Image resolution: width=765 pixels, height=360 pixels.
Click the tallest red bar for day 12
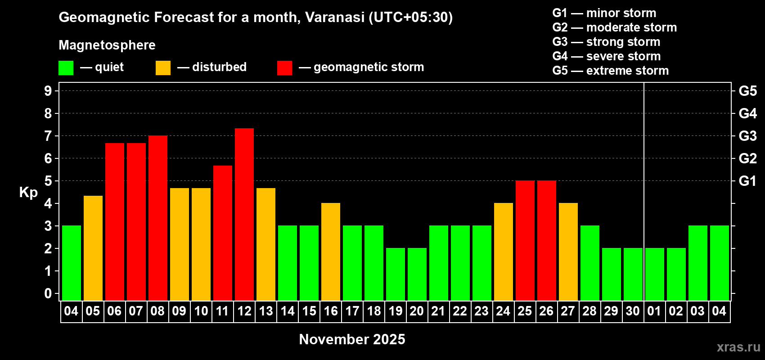coord(244,214)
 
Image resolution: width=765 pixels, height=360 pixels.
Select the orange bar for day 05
coord(93,248)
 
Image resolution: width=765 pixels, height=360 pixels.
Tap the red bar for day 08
coord(158,218)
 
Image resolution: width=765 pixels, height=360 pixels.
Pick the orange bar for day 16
coord(331,252)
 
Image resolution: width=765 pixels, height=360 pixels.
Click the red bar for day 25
coord(525,240)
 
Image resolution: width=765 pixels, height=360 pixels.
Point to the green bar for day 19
coord(396,274)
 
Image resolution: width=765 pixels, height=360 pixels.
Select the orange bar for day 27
coord(568,252)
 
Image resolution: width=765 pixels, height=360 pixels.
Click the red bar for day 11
coord(223,233)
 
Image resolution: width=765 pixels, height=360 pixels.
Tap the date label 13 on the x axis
coord(266,311)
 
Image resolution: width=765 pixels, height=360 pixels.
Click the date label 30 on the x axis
coord(633,311)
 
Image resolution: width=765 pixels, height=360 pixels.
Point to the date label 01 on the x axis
coord(654,311)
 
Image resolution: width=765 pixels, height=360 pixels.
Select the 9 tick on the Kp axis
coord(48,91)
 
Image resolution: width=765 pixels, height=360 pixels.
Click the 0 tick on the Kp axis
coord(48,293)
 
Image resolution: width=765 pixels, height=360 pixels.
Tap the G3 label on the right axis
coord(748,136)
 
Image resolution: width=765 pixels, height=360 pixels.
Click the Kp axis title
coord(28,193)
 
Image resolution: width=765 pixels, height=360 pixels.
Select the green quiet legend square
coord(66,67)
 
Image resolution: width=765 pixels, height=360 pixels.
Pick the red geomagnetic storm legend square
coord(285,67)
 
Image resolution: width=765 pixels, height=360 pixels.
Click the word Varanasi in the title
coord(335,17)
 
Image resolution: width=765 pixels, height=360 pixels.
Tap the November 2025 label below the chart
coord(352,339)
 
